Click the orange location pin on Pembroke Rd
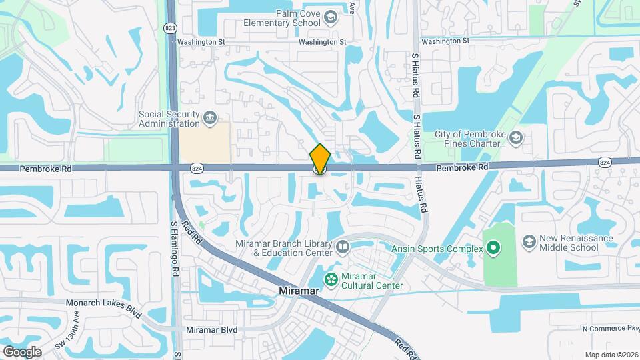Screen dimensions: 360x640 320,159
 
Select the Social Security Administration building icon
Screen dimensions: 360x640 210,119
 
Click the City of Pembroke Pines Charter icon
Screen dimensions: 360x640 517,138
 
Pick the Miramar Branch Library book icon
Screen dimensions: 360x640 343,248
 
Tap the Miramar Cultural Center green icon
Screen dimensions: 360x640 330,277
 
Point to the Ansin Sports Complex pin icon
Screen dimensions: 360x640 493,249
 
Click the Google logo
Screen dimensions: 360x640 22,351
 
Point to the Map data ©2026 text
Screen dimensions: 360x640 611,355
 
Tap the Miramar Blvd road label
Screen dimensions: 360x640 211,330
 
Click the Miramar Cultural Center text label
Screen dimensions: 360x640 373,281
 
